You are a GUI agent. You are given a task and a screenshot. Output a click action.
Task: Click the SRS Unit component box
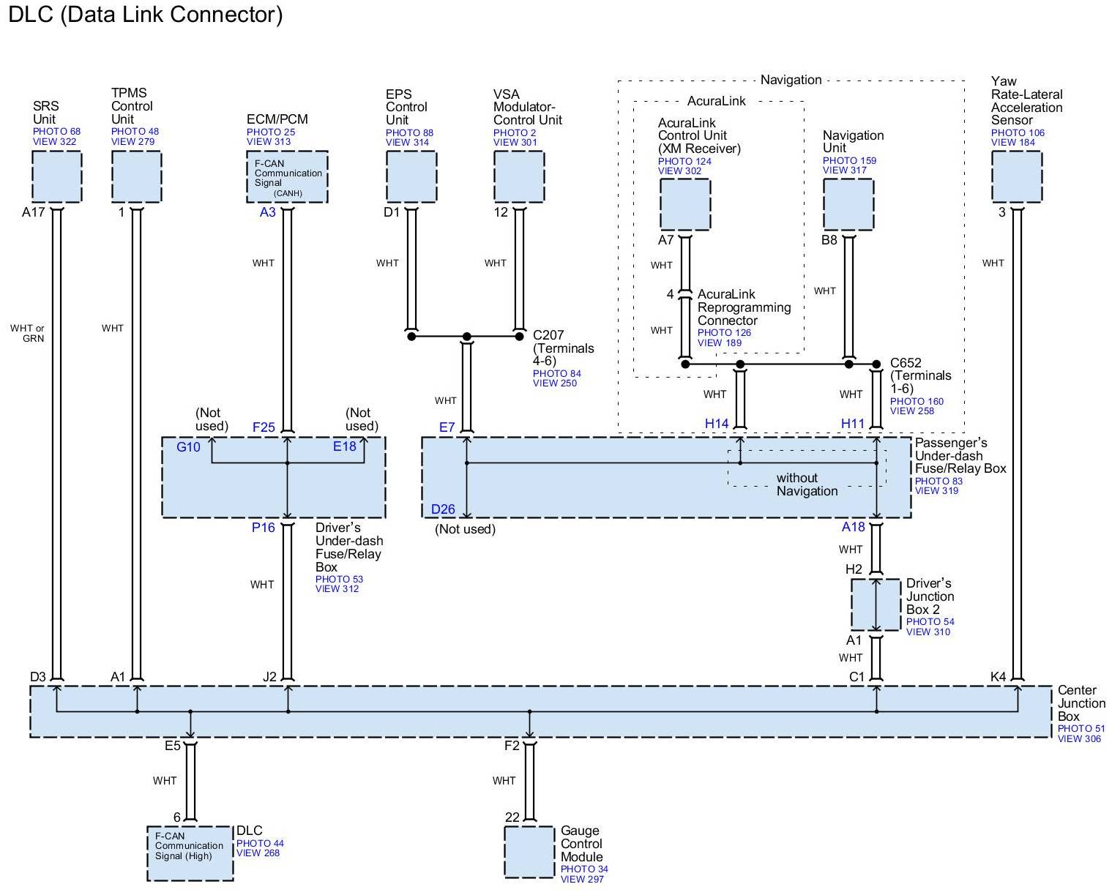click(x=57, y=176)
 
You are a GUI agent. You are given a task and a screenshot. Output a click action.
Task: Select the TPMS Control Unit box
click(x=136, y=176)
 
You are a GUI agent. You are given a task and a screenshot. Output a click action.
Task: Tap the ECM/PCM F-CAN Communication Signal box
click(x=287, y=176)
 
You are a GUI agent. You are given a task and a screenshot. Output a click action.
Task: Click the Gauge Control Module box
click(x=529, y=852)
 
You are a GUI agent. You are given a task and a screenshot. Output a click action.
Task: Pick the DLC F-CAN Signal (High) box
click(x=190, y=853)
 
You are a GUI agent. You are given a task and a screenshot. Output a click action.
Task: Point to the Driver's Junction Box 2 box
click(x=876, y=604)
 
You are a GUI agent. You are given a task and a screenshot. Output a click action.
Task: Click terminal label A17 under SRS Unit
click(x=34, y=212)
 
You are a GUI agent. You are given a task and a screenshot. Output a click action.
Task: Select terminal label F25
click(x=264, y=427)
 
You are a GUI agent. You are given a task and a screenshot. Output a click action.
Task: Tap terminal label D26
click(x=443, y=509)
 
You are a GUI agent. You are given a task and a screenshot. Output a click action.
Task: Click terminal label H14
click(x=717, y=424)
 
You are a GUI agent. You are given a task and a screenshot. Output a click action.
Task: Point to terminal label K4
click(x=998, y=676)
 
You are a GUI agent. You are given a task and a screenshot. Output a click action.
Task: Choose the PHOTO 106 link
click(x=1018, y=132)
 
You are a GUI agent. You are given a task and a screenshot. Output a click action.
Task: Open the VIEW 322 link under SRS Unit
click(x=54, y=141)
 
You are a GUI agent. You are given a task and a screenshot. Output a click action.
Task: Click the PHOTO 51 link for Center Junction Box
click(x=1081, y=729)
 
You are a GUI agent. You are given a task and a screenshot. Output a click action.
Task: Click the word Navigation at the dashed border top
click(x=791, y=80)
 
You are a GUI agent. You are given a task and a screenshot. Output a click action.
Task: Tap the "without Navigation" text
click(x=807, y=484)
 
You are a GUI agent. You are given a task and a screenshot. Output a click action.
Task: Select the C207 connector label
click(x=548, y=335)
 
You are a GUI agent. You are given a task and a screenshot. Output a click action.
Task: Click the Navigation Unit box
click(x=848, y=204)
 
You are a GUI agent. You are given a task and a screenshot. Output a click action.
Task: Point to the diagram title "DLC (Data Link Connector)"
click(x=146, y=15)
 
